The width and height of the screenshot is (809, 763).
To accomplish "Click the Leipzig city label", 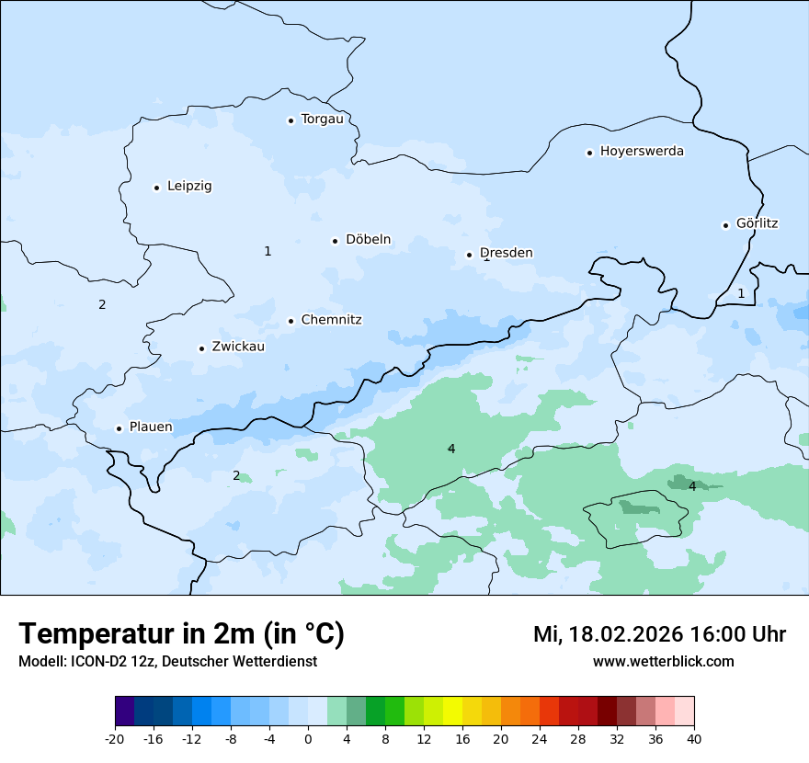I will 189,187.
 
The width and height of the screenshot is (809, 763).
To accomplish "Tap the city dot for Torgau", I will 291,120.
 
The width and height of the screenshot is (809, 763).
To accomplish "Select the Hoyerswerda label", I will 642,152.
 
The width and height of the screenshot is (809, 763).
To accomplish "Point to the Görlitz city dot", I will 725,225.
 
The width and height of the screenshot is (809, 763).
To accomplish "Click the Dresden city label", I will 506,253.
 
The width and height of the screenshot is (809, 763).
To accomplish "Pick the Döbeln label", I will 368,240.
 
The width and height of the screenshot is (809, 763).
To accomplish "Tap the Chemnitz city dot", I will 291,321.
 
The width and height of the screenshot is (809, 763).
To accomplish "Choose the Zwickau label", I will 238,347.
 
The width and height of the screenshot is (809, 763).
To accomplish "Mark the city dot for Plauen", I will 119,428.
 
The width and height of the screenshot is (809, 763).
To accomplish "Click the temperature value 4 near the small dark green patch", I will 692,486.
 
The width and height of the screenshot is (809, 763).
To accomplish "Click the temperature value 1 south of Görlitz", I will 741,293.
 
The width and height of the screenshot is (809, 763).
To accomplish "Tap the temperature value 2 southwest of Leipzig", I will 102,304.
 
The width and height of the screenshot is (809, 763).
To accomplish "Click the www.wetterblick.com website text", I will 663,662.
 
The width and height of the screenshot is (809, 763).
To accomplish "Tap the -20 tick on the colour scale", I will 115,738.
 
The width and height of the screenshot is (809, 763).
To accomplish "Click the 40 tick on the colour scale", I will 694,738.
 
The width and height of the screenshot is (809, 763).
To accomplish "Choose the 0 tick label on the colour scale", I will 308,738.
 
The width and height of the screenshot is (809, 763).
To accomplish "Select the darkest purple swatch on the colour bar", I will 124,712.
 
